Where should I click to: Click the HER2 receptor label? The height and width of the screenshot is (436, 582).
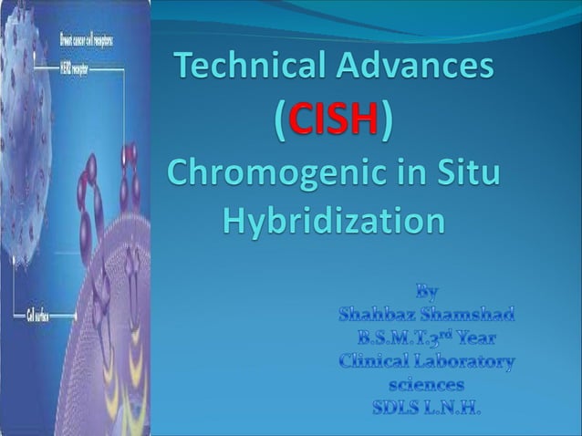[74, 67]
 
